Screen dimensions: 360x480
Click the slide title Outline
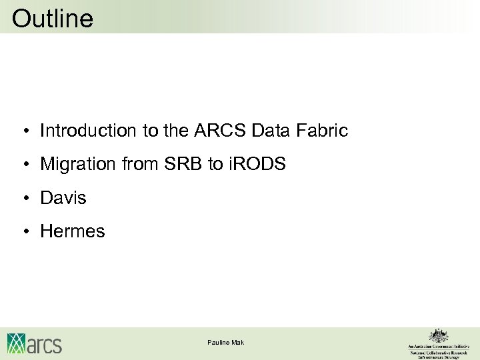[x=53, y=19]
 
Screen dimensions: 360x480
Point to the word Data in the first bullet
[x=271, y=131]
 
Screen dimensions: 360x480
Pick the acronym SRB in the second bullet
[x=181, y=164]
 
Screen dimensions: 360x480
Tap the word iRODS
[x=257, y=164]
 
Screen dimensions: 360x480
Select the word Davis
[x=63, y=198]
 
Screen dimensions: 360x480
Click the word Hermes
[x=73, y=231]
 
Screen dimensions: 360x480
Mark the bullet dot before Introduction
[x=23, y=131]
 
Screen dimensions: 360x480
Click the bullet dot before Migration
[x=23, y=165]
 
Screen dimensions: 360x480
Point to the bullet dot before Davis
[x=23, y=199]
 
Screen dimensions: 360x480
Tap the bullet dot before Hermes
[x=23, y=232]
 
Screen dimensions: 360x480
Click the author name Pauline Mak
[x=225, y=342]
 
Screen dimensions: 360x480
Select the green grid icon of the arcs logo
[x=17, y=343]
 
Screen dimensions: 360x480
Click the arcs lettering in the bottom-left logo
[x=45, y=345]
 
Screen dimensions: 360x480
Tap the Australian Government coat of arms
[x=438, y=335]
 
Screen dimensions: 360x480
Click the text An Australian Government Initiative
[x=438, y=347]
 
